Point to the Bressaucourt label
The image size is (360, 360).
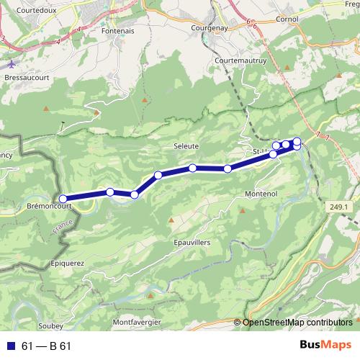coord(26,75)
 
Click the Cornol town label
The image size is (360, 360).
coord(287,19)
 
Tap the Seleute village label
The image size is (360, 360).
coord(186,145)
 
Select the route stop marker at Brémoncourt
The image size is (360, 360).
coord(63,199)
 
